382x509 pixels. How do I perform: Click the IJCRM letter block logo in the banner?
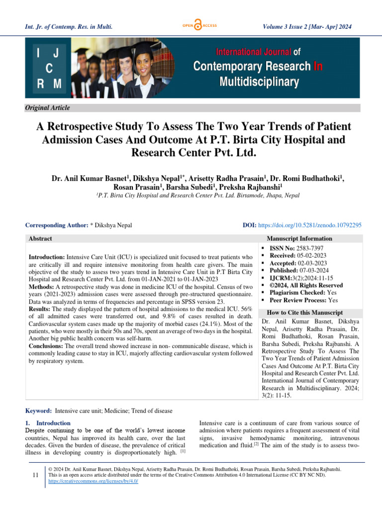pyautogui.click(x=48, y=68)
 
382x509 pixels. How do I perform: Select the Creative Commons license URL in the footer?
pyautogui.click(x=93, y=482)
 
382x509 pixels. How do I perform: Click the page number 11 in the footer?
pyautogui.click(x=35, y=476)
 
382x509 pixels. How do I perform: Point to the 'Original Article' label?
pyautogui.click(x=48, y=108)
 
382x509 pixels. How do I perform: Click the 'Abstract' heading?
pyautogui.click(x=40, y=239)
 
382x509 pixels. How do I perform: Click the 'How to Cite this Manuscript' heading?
pyautogui.click(x=305, y=313)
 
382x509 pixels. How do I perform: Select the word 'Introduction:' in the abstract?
pyautogui.click(x=47, y=258)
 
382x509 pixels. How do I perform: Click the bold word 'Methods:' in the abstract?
pyautogui.click(x=41, y=287)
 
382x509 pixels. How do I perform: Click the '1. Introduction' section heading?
pyautogui.click(x=48, y=423)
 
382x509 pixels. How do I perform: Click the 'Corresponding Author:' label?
pyautogui.click(x=57, y=225)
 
